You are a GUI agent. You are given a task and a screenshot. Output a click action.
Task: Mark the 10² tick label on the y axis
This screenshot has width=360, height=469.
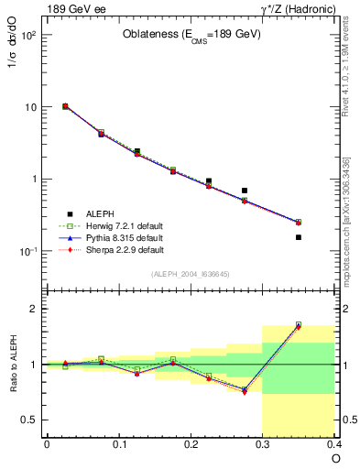pyautogui.click(x=27, y=36)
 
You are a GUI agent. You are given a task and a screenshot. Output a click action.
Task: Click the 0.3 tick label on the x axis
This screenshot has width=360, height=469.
pyautogui.click(x=263, y=444)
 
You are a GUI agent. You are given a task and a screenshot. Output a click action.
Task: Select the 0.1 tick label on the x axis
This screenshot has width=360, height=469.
pyautogui.click(x=119, y=444)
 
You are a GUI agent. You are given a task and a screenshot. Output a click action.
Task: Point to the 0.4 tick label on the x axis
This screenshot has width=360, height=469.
pyautogui.click(x=334, y=444)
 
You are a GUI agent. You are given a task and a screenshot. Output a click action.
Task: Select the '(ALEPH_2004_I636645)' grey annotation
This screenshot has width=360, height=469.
pyautogui.click(x=191, y=273)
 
